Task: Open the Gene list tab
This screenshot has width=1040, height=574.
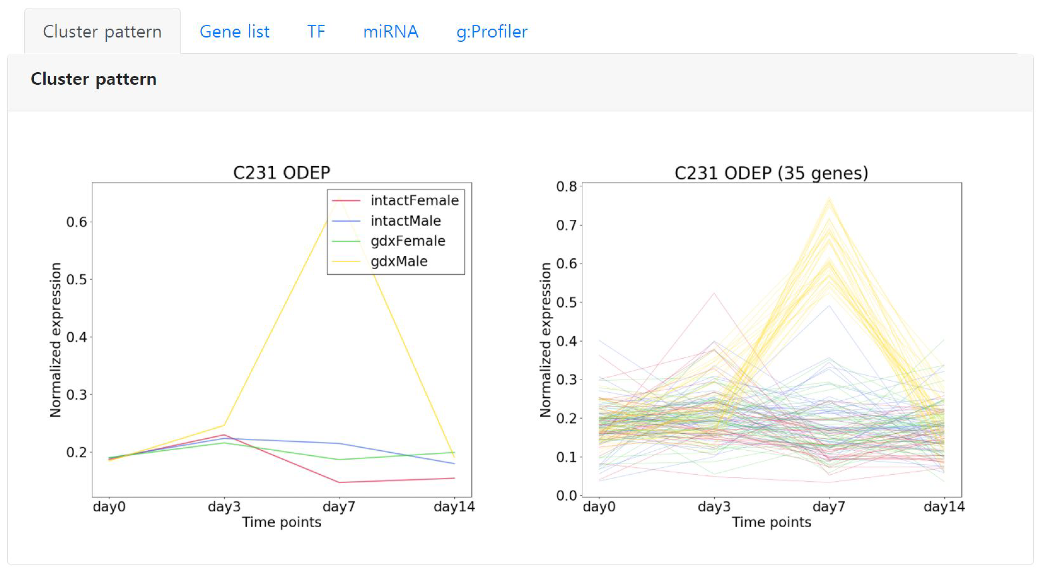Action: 234,31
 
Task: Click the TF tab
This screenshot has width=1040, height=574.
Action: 316,31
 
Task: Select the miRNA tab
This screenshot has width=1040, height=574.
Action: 390,31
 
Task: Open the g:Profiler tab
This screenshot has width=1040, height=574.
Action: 491,31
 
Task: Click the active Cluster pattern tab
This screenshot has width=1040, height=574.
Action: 102,31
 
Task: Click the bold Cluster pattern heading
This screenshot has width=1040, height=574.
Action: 93,79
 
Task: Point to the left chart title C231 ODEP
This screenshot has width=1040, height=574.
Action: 281,172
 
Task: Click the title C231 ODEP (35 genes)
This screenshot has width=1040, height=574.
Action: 771,172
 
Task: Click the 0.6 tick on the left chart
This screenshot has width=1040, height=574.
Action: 77,222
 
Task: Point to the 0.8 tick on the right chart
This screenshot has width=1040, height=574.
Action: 566,186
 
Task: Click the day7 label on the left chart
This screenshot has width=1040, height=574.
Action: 339,506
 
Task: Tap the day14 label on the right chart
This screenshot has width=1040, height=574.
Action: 944,506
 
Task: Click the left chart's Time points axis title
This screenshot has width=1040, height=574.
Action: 281,522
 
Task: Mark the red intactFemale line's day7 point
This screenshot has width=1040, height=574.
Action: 339,482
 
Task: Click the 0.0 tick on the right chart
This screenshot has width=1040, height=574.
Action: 566,495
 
